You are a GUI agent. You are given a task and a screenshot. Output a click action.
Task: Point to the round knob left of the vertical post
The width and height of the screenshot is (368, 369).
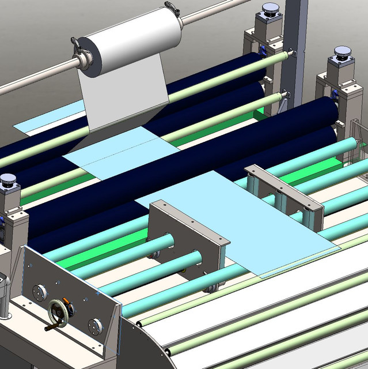(x=269, y=9)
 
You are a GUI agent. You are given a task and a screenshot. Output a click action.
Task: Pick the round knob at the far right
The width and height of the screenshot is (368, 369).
(x=341, y=54)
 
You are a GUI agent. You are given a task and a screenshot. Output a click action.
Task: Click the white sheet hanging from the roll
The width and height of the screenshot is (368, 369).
(x=121, y=98)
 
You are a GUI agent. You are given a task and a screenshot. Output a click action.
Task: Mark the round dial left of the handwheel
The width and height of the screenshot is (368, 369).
(x=39, y=292)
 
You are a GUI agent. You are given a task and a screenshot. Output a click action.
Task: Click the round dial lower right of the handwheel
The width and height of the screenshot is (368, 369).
(x=95, y=326)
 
